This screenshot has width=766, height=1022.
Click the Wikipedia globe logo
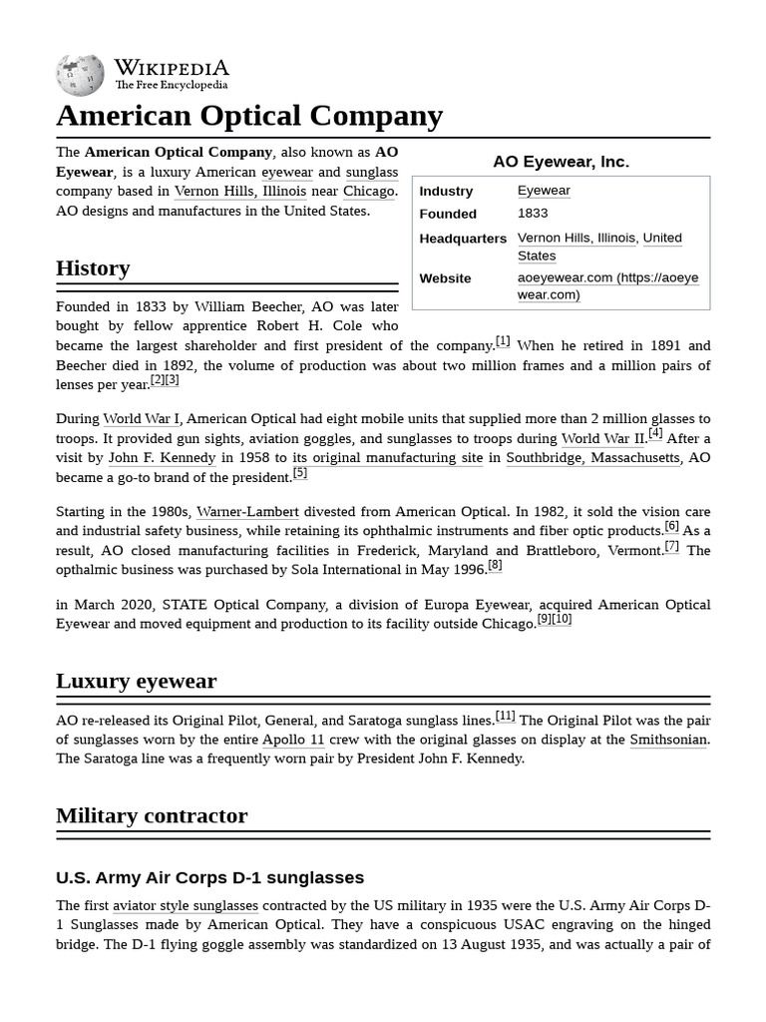point(80,76)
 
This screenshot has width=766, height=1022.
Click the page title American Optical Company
point(249,116)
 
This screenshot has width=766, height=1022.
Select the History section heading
point(93,268)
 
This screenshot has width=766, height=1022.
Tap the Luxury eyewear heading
point(136,681)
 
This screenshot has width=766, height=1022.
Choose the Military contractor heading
point(152,815)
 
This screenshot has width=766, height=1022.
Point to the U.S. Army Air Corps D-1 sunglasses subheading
point(209,877)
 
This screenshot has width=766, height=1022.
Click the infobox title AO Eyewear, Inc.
point(561,162)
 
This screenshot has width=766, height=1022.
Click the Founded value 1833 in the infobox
point(533,214)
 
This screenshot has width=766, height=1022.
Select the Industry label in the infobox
point(446,191)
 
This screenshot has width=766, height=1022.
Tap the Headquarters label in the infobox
point(463,239)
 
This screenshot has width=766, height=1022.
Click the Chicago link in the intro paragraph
point(368,192)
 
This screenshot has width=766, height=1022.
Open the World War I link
point(141,419)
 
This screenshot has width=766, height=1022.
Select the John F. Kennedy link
point(162,458)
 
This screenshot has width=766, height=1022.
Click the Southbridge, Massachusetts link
point(592,458)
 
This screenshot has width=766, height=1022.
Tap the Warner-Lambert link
point(247,512)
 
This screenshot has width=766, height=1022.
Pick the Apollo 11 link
point(293,740)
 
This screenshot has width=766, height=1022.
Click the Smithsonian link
point(668,740)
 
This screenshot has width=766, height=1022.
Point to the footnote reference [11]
point(506,716)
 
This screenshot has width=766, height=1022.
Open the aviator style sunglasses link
point(186,905)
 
